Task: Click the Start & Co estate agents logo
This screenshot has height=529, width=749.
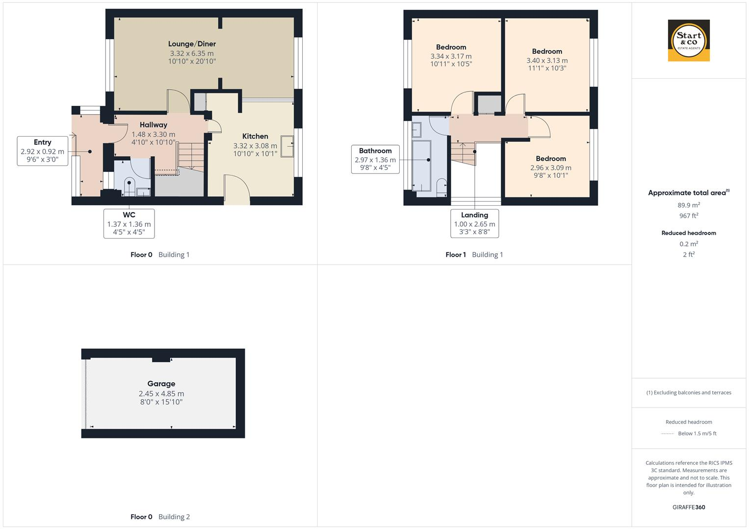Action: [x=689, y=41]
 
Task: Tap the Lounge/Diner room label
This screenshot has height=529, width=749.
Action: [x=192, y=44]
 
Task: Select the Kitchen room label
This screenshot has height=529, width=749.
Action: [x=255, y=136]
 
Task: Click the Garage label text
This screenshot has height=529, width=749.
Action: [x=161, y=384]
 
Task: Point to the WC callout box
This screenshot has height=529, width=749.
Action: [x=129, y=224]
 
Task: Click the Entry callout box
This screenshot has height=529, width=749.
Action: [x=43, y=151]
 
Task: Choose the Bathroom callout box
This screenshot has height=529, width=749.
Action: [x=375, y=159]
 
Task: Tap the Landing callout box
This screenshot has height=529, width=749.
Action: [x=474, y=223]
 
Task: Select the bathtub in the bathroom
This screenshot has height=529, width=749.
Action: [x=422, y=166]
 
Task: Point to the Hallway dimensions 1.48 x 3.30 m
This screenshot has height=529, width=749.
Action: [x=153, y=134]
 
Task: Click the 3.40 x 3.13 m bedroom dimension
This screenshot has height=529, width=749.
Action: [x=547, y=61]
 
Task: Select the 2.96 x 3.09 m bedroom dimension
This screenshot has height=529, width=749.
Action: [x=551, y=168]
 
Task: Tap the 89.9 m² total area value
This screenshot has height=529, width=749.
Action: [x=689, y=205]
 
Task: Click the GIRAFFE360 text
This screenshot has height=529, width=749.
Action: [x=689, y=507]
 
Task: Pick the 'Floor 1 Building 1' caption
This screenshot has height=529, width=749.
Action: [x=474, y=255]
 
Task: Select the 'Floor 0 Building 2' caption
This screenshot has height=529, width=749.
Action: [x=160, y=517]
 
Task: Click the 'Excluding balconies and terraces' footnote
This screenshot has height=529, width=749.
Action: [x=689, y=392]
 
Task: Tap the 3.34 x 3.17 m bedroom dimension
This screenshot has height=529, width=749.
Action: [x=451, y=56]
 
